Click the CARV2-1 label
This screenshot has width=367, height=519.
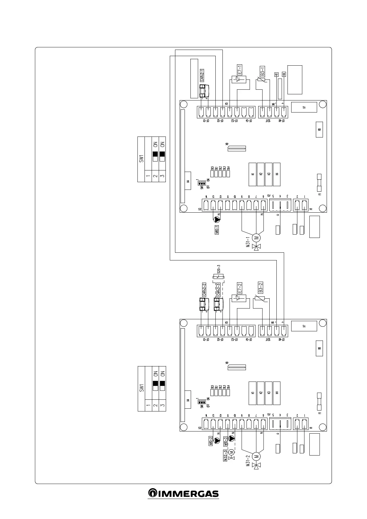tap(202, 75)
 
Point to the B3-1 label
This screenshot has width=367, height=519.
tap(262, 71)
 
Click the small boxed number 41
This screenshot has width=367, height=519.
tap(276, 74)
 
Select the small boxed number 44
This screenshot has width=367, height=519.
tap(284, 74)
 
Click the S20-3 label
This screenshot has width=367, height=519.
tap(219, 269)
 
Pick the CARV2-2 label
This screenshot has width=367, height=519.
tap(204, 289)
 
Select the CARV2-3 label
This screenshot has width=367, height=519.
tap(218, 289)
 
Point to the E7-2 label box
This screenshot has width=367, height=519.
tap(239, 288)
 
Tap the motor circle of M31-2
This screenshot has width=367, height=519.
tap(256, 456)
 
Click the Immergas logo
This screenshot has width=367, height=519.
tap(183, 493)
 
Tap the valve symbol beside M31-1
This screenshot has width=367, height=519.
tap(256, 247)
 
